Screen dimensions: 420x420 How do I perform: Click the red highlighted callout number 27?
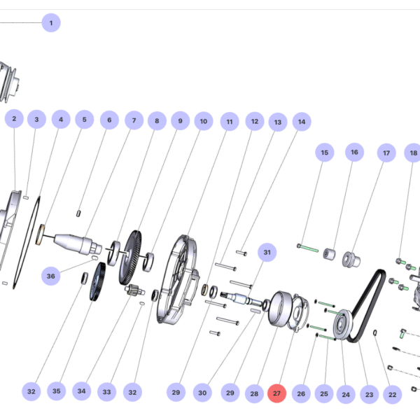coord(277,393)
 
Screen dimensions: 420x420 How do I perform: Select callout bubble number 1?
coord(50,23)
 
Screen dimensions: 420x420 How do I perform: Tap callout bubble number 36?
coord(50,276)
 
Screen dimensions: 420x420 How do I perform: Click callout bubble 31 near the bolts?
coord(267,251)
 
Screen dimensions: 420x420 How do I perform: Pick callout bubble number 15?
coord(324,152)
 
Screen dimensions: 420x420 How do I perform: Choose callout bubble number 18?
coord(413,153)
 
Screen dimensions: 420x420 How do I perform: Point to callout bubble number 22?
coord(393,393)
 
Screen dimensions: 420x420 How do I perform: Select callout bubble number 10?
coord(203,121)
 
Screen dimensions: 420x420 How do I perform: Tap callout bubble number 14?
coord(301,121)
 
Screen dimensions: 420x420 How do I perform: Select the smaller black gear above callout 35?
coord(97,282)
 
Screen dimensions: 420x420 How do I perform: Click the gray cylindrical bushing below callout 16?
coord(329,253)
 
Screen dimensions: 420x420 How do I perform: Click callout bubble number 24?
coord(345,393)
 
